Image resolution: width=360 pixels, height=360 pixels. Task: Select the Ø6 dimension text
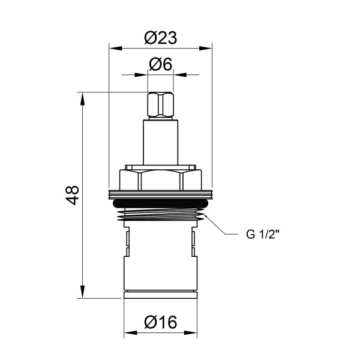pos(160,64)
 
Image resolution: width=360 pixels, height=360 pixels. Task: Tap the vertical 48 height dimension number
pos(72,195)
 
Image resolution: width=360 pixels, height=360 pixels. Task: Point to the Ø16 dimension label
pos(160,323)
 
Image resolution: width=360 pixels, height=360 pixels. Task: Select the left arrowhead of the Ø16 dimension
pos(129,334)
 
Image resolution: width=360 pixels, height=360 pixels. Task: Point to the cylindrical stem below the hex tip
pos(160,141)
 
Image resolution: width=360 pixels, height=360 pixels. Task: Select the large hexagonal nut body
pos(160,179)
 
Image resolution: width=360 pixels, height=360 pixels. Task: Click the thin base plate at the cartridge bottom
pos(160,295)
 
